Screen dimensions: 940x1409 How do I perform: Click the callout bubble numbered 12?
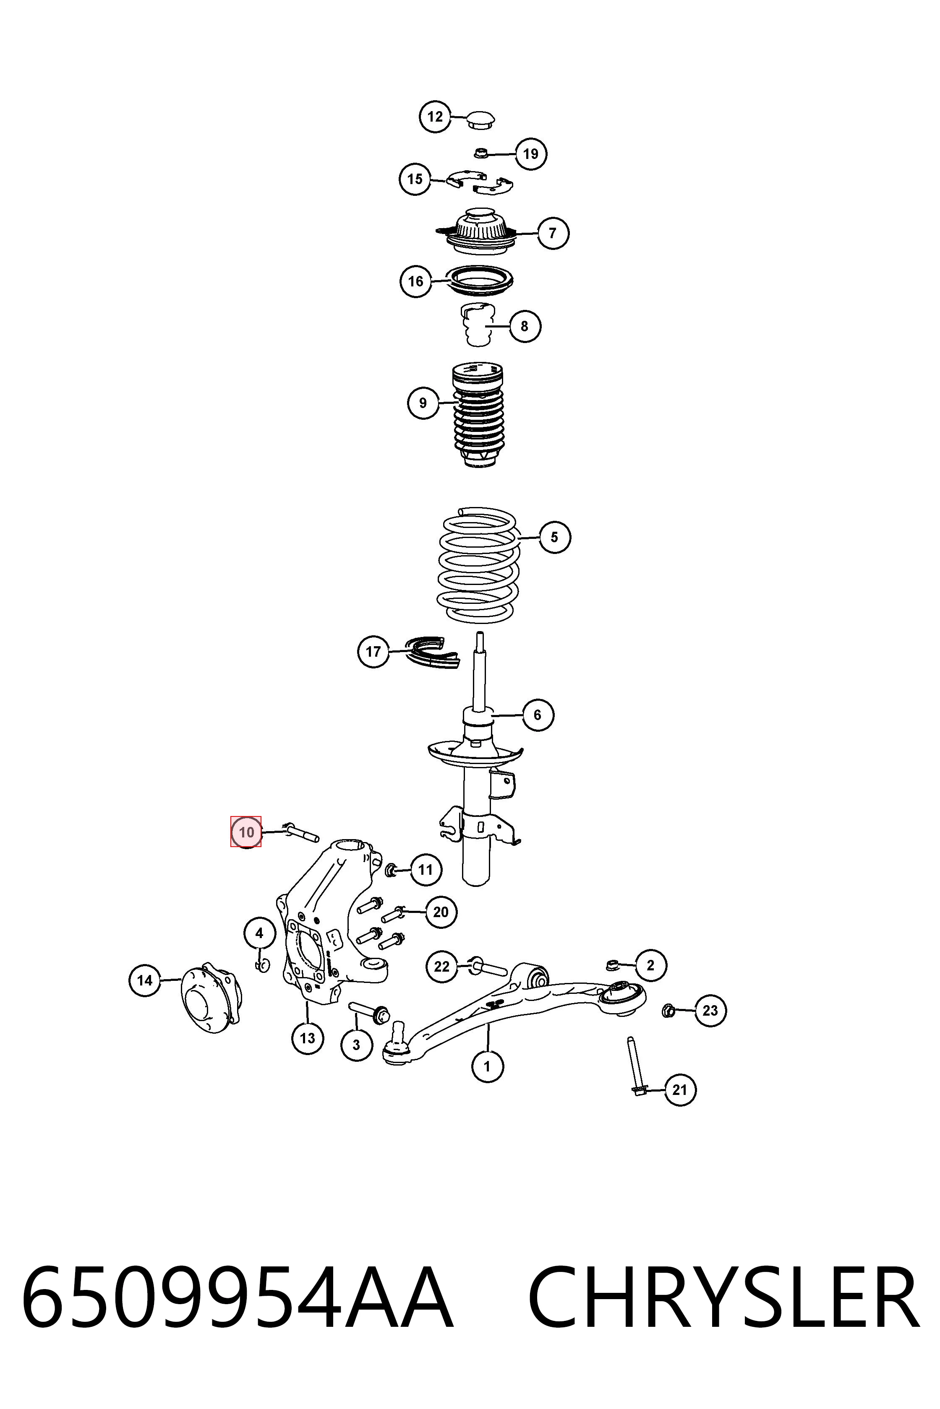coord(435,117)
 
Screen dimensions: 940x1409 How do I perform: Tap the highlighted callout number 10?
coord(246,832)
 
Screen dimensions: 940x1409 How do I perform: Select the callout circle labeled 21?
coord(679,1089)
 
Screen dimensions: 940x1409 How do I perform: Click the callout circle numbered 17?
coord(373,651)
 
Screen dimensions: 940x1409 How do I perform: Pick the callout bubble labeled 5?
coord(554,537)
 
